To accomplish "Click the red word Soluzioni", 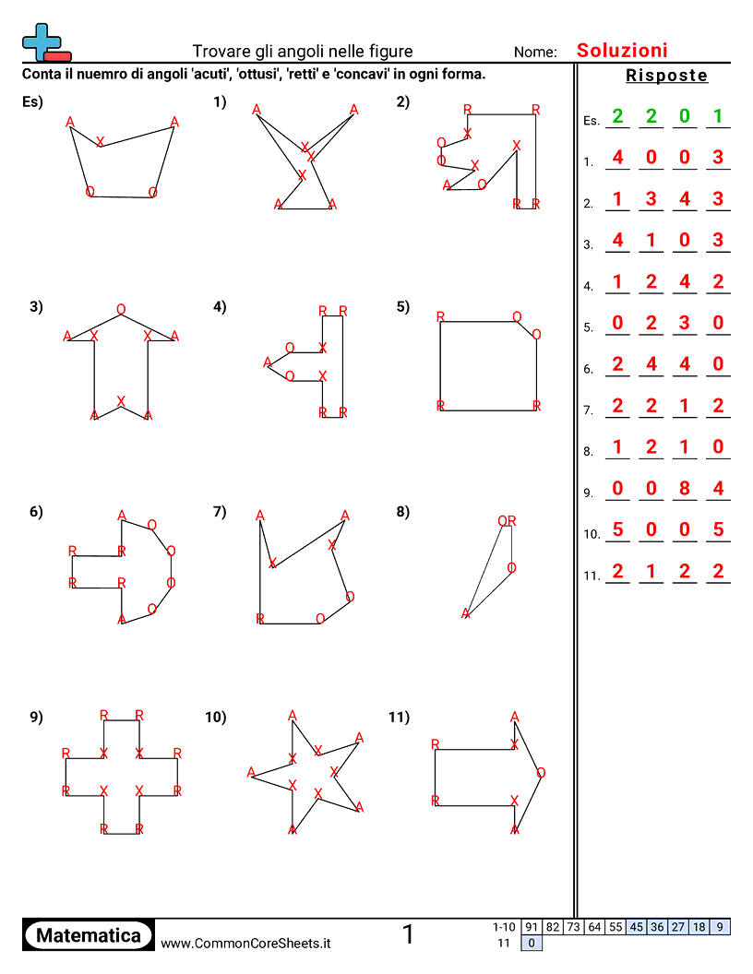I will coord(622,51).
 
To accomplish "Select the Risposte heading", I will coord(666,76).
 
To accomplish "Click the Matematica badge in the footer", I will coord(89,935).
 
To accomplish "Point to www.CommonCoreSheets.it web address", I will coord(245,943).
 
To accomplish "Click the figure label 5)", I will coord(403,308).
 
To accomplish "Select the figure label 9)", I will coord(36,717).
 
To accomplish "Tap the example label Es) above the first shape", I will coord(33,102).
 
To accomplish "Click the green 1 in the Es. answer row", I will coord(718,117).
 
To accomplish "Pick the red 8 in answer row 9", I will coord(685,489).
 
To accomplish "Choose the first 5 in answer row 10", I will coord(617,530).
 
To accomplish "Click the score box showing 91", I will coord(531,927).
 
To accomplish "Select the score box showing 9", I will coord(720,927).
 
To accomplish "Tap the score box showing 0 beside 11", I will coord(531,943).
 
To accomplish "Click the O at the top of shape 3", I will coord(121,309).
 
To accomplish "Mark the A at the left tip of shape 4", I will coord(268,362).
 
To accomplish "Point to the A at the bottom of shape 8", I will coord(466,613).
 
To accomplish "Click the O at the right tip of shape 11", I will coord(541,773).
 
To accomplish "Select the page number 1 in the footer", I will coord(408,935).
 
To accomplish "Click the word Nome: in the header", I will coord(535,53).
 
